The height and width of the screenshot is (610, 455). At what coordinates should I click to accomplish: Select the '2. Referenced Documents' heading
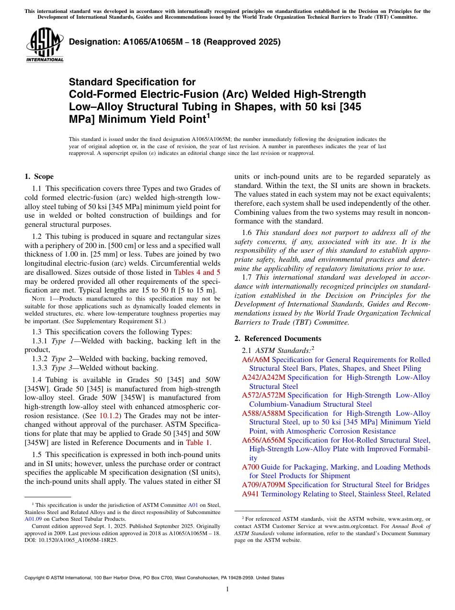[x=278, y=339]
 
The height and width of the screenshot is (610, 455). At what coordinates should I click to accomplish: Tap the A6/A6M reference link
[x=256, y=360]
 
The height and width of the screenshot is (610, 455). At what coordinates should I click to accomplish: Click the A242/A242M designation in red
[x=263, y=377]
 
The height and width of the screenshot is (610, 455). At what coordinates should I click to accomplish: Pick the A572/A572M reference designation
[x=263, y=395]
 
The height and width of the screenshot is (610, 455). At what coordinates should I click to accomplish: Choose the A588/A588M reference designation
[x=263, y=413]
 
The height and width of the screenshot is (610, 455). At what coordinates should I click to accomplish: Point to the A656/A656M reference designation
[x=263, y=440]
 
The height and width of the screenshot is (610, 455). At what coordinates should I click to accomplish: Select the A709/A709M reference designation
[x=263, y=485]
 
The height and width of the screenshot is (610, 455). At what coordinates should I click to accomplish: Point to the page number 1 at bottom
[x=227, y=589]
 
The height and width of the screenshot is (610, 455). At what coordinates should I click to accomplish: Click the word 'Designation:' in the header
[x=91, y=42]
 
